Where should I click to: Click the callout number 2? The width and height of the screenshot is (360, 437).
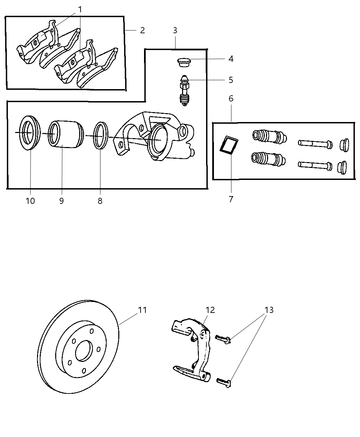142,31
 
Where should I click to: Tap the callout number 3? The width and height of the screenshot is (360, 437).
175,30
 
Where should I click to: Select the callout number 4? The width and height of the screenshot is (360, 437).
231,59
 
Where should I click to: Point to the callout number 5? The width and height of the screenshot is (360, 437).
231,80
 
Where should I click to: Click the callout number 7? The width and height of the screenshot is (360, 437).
231,199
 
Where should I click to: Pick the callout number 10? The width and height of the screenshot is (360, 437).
30,201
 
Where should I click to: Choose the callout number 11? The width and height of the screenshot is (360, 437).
142,310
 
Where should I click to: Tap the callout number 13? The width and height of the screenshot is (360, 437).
269,310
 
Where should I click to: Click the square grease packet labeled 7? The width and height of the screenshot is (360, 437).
229,145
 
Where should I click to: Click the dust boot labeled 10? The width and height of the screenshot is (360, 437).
29,133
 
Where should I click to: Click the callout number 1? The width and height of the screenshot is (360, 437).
80,10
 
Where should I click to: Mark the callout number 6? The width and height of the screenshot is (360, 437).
231,99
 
